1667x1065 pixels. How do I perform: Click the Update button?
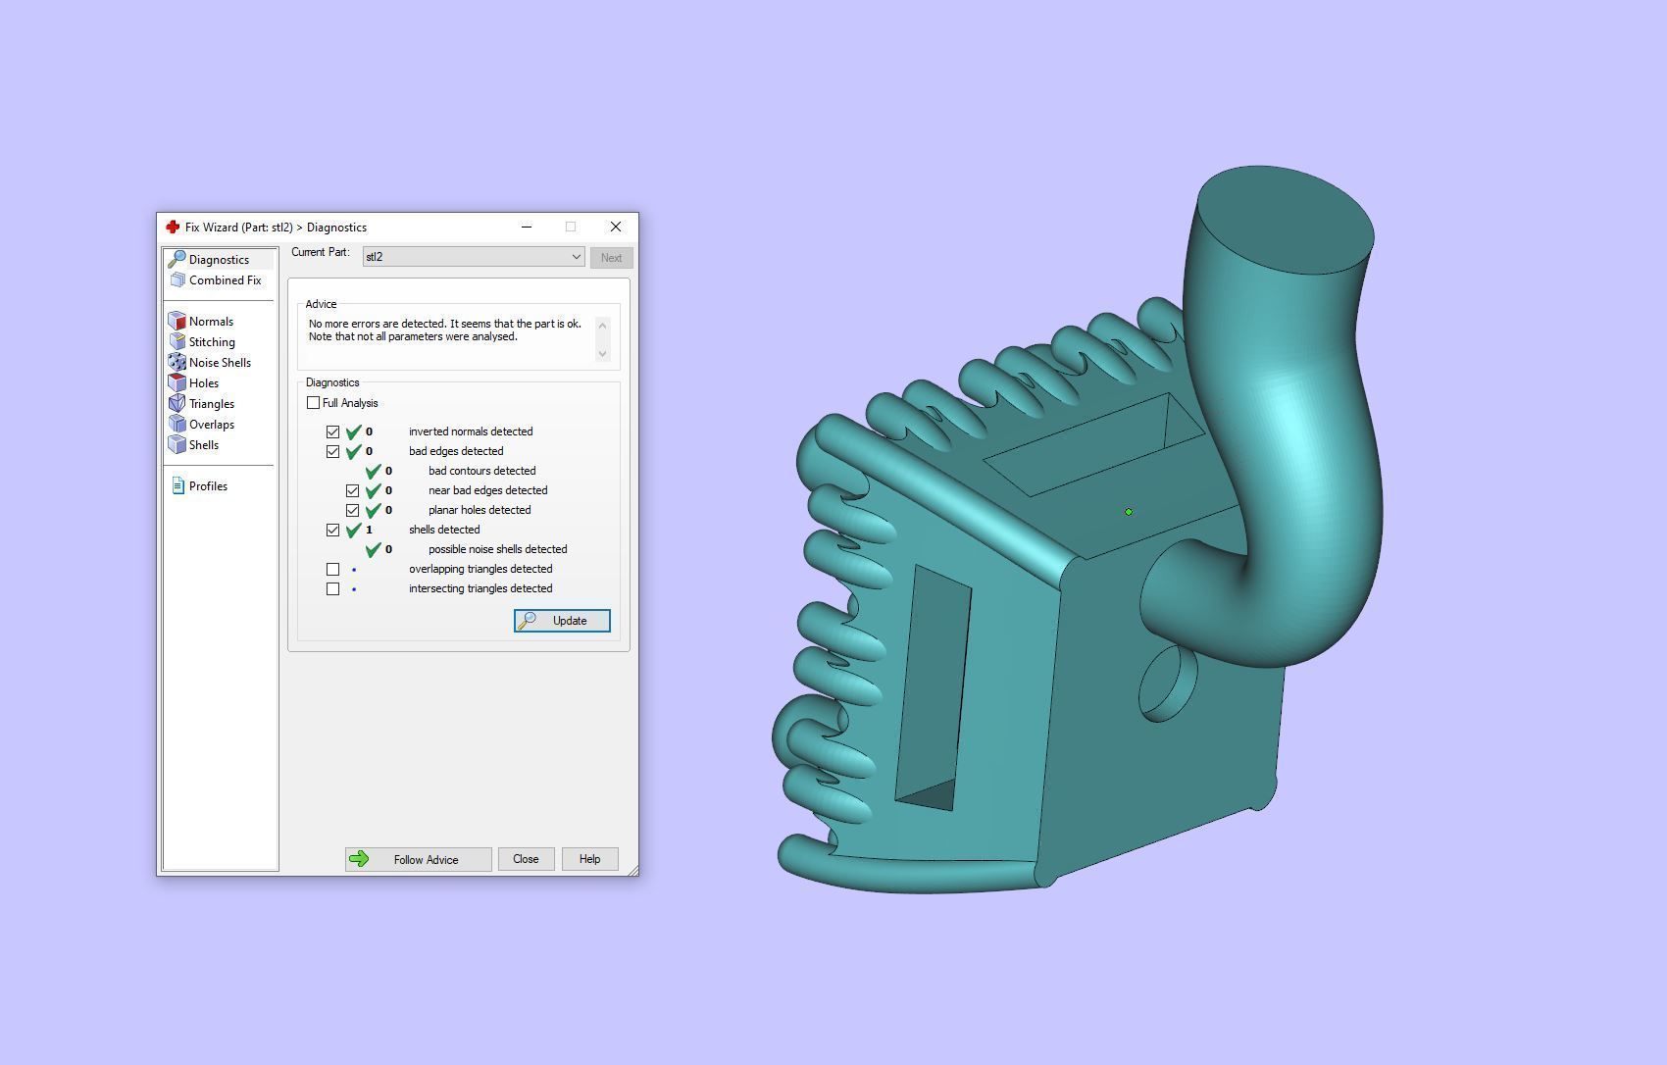tap(562, 621)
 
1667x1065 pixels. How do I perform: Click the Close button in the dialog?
tap(526, 859)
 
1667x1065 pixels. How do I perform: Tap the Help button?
tap(589, 859)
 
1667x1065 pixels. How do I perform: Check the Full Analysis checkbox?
tap(314, 403)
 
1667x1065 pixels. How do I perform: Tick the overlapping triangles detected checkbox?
tap(333, 569)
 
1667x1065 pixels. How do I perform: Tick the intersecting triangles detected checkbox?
tap(333, 588)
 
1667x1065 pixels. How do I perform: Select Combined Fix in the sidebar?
tap(225, 280)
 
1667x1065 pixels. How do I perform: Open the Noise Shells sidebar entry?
tap(220, 363)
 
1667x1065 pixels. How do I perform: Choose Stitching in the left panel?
tap(212, 342)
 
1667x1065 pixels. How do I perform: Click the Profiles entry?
tap(208, 486)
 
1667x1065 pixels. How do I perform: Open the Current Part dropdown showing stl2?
tap(474, 257)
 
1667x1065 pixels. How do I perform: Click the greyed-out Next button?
tap(611, 258)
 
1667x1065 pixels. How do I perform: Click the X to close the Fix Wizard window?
tap(616, 227)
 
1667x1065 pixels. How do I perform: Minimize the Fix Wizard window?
tap(527, 227)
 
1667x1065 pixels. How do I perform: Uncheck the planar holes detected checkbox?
tap(353, 510)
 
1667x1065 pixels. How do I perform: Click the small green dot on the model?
tap(1129, 512)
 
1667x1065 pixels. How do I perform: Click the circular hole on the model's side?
tap(1167, 684)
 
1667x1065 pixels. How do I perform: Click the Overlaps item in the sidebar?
tap(211, 425)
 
